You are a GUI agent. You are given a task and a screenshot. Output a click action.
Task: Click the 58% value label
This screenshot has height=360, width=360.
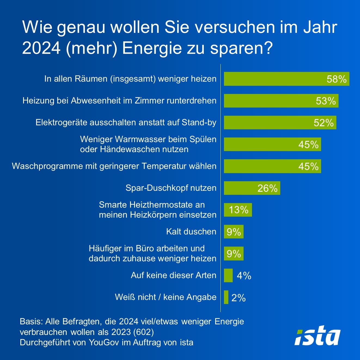(x=336, y=79)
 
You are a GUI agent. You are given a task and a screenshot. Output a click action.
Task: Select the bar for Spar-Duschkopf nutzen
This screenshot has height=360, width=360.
(x=252, y=188)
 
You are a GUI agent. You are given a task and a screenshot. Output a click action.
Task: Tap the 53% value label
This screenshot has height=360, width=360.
(x=326, y=101)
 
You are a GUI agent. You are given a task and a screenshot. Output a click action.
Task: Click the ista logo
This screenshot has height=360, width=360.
(x=317, y=335)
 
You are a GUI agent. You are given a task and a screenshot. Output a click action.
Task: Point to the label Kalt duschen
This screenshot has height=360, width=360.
(x=191, y=232)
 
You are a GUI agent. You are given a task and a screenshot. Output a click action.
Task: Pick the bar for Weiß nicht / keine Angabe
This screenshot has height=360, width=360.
(x=226, y=297)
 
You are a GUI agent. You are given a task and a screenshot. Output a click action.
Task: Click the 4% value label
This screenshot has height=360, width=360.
(x=244, y=276)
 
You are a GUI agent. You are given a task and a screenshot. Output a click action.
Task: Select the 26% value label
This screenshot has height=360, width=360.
(x=267, y=188)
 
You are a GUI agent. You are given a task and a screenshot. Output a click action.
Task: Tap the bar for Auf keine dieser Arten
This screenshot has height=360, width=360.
(x=228, y=275)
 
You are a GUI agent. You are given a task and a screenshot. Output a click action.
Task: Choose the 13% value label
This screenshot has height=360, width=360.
(x=238, y=210)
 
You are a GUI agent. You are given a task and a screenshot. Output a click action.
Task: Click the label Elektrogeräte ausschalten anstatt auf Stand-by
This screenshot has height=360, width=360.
(x=126, y=122)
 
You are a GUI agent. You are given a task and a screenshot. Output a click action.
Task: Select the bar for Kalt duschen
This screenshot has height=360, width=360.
(x=233, y=232)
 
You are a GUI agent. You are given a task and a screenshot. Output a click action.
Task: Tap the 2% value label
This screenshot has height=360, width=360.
(x=238, y=298)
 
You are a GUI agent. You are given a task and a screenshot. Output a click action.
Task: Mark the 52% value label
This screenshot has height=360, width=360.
(x=324, y=123)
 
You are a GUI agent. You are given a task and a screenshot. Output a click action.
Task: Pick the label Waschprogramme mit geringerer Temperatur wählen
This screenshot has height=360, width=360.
(x=114, y=166)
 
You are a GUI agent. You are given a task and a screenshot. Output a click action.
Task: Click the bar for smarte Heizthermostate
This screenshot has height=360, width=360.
(x=238, y=210)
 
